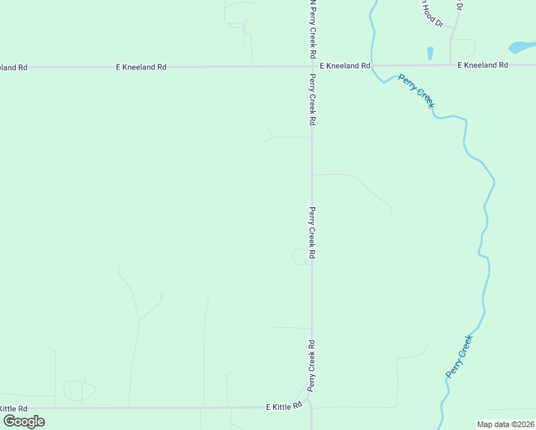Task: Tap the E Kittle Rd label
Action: [284, 406]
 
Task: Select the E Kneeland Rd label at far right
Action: [483, 65]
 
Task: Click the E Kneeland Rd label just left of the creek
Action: [345, 65]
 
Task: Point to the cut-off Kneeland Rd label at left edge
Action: [14, 67]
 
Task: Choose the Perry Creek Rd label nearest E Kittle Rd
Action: [312, 365]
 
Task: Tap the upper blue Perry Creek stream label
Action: [416, 91]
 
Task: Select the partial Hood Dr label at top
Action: [431, 12]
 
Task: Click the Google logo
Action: [24, 421]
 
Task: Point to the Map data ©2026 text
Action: [505, 424]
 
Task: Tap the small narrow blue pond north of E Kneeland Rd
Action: [430, 53]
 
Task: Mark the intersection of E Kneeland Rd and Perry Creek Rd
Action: [312, 66]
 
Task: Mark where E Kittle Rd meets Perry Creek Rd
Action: [312, 407]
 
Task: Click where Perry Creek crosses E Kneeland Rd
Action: [373, 65]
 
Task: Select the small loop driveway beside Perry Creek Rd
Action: [300, 257]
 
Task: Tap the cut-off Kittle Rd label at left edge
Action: [13, 408]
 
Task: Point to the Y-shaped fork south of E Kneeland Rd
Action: [271, 138]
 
